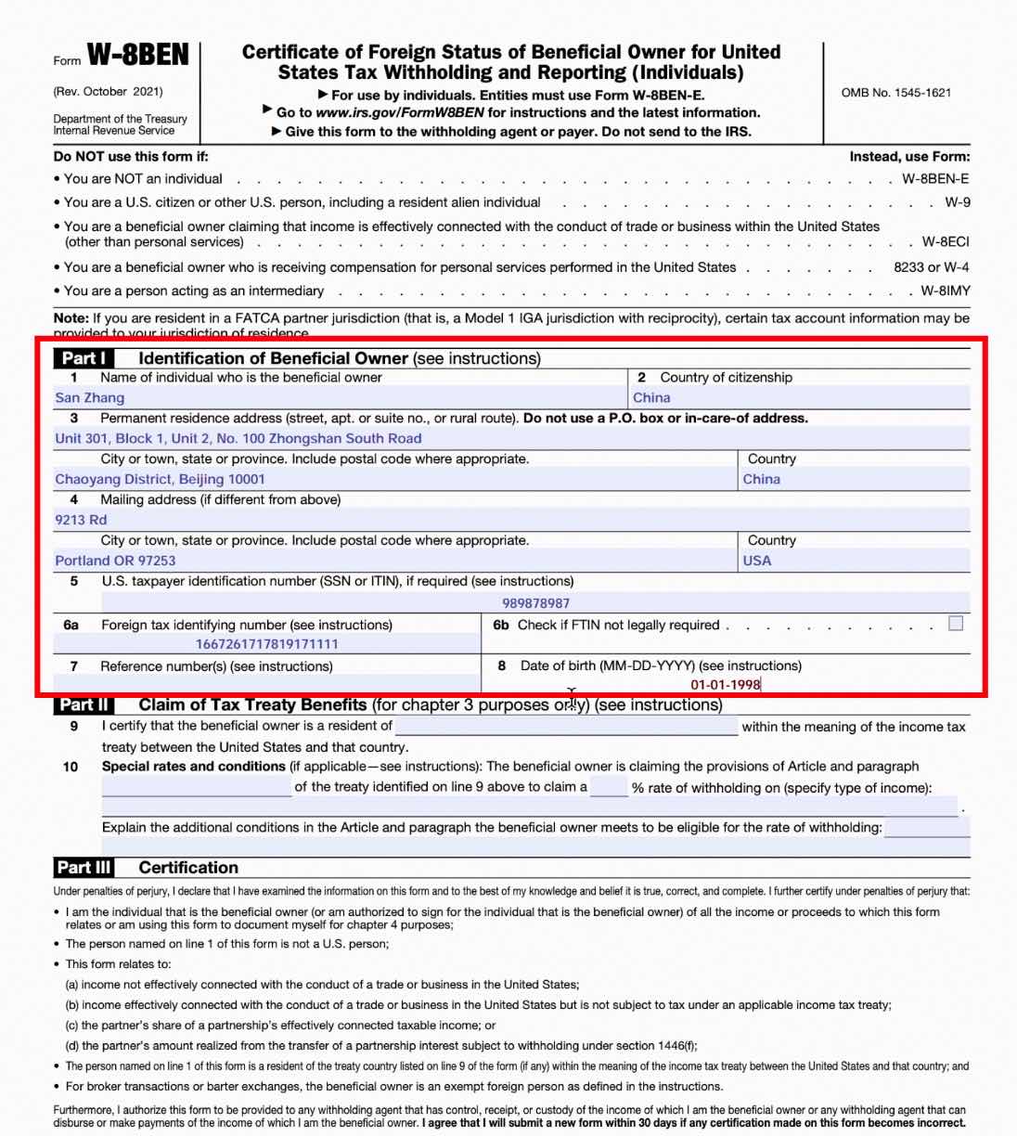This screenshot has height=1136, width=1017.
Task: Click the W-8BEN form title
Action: (138, 56)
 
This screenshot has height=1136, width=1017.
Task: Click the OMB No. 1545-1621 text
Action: (895, 93)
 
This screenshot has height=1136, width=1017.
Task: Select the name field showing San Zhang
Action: (90, 398)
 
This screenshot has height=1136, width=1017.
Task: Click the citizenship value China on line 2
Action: (651, 398)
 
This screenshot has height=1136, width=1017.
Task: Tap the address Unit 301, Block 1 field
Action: (238, 439)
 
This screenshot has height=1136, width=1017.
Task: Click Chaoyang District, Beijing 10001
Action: (160, 480)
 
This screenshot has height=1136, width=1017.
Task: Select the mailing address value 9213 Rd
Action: (81, 521)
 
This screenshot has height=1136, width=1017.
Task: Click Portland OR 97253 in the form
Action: (115, 562)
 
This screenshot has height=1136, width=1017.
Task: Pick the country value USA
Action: (757, 562)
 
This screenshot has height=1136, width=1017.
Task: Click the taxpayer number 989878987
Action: (536, 603)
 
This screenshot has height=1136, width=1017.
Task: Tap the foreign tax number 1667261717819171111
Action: (266, 644)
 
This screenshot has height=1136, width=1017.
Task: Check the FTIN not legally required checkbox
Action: (956, 624)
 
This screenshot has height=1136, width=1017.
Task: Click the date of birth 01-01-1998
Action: (725, 685)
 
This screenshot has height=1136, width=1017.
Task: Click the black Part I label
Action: (84, 358)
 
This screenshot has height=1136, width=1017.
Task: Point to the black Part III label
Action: (84, 868)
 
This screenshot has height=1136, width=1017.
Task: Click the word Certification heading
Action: (188, 868)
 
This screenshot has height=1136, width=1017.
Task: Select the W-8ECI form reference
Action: (945, 242)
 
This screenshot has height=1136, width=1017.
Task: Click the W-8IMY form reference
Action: (945, 291)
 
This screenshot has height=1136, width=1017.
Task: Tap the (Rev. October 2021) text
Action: (109, 92)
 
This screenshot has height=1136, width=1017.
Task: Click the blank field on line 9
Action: (566, 727)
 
